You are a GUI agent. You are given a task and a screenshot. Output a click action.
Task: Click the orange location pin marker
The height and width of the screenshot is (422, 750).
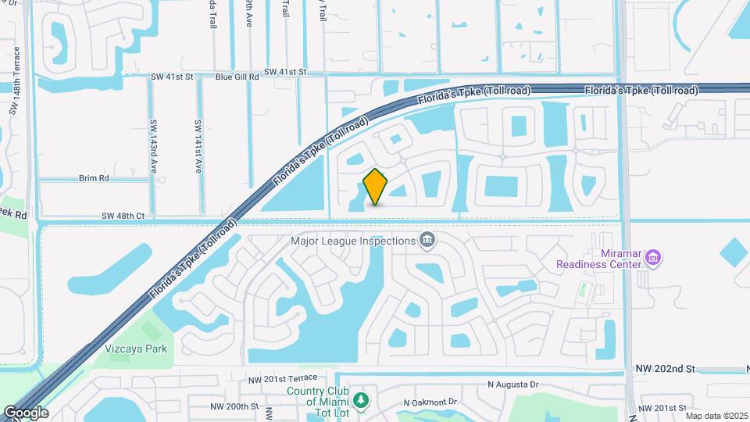click(376, 186)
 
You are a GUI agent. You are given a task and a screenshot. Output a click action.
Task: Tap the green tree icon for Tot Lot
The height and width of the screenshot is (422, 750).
click(360, 401)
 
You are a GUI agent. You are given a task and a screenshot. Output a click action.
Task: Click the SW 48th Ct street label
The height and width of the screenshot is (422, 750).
click(123, 215)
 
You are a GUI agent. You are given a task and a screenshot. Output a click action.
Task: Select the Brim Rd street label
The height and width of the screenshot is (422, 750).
click(93, 178)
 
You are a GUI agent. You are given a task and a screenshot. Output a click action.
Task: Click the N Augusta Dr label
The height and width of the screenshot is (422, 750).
click(513, 384)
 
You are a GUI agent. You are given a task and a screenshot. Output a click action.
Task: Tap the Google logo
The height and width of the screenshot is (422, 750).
click(26, 412)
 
